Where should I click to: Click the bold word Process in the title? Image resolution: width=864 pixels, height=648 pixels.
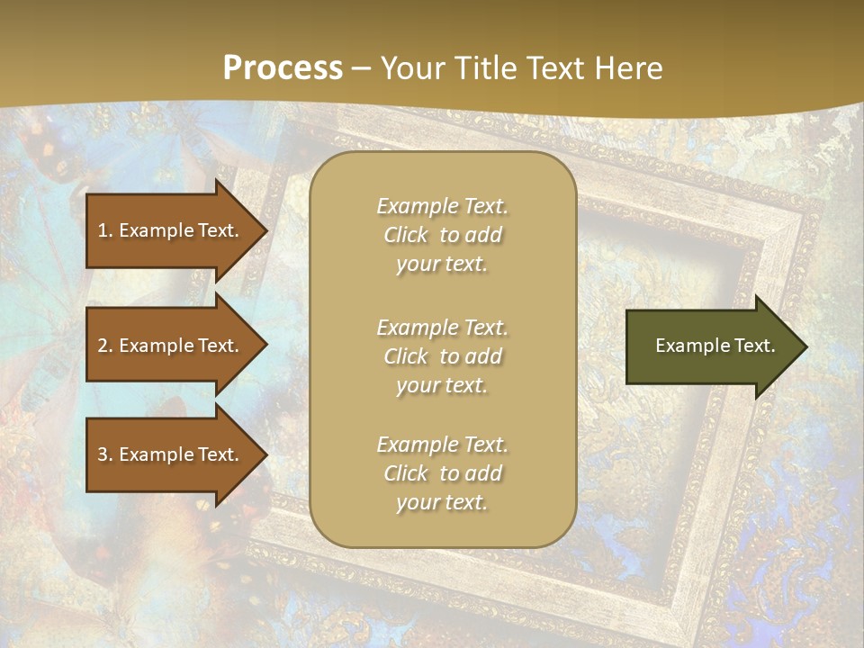pyautogui.click(x=283, y=68)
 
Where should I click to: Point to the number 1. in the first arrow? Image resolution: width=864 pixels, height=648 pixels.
pyautogui.click(x=104, y=230)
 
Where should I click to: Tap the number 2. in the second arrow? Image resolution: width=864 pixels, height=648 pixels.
pyautogui.click(x=104, y=346)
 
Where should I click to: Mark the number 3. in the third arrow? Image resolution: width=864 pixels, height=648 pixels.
pyautogui.click(x=104, y=454)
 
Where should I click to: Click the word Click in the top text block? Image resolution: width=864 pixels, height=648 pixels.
pyautogui.click(x=406, y=235)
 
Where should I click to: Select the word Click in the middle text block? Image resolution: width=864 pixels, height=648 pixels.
pyautogui.click(x=406, y=356)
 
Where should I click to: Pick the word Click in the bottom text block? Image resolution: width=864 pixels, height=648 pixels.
pyautogui.click(x=406, y=473)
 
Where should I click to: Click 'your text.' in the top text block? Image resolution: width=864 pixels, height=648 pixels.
pyautogui.click(x=442, y=265)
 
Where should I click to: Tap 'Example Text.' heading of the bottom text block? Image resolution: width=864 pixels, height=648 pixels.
pyautogui.click(x=442, y=445)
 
